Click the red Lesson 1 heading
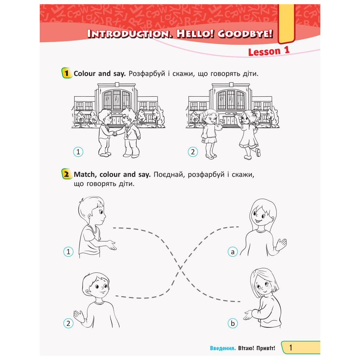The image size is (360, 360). [269, 51]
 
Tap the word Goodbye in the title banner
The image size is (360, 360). [245, 34]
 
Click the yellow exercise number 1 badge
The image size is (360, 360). [66, 73]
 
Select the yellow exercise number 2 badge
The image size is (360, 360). [66, 174]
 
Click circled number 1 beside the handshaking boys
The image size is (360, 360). [78, 152]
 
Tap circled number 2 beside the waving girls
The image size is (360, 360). [193, 152]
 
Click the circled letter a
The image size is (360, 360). [233, 252]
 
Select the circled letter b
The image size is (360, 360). [233, 323]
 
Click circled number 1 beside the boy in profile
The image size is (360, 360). [68, 252]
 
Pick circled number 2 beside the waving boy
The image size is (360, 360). [68, 323]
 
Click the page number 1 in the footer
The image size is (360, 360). [291, 348]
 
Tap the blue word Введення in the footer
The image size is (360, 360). [223, 348]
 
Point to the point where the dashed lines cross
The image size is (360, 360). [181, 268]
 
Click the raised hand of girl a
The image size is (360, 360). [281, 244]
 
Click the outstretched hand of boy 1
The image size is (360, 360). [111, 245]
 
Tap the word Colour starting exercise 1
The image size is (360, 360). [84, 73]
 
